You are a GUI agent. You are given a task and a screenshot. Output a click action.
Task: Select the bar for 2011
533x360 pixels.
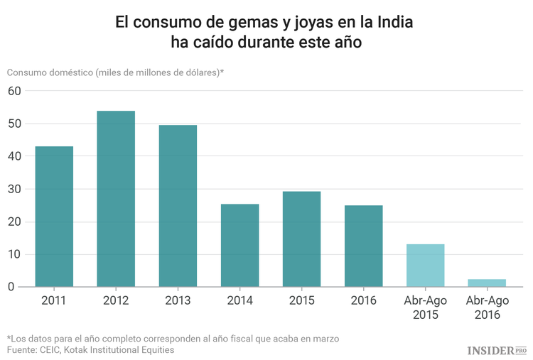54,217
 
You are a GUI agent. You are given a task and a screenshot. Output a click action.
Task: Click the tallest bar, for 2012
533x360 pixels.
116,199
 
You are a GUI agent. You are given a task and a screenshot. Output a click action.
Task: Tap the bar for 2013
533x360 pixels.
178,206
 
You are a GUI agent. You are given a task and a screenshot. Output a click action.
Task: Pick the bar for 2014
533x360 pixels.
239,246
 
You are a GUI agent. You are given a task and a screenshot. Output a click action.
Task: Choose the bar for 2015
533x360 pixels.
301,239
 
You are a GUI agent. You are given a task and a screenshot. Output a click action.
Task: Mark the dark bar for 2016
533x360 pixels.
363,246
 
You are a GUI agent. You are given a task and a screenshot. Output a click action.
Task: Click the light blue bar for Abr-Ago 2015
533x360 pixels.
425,266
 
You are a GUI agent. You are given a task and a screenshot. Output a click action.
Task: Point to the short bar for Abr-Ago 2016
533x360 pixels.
487,283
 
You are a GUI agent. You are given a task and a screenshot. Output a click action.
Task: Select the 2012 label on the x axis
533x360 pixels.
116,301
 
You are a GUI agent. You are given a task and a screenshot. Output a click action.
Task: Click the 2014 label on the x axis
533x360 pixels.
239,301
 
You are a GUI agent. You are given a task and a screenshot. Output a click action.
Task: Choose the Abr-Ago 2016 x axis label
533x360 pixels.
487,307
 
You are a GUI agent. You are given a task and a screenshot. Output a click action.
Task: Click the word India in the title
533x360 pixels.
394,23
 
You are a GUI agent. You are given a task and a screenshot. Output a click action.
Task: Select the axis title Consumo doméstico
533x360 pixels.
50,72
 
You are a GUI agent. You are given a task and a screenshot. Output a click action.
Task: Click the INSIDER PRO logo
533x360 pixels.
497,350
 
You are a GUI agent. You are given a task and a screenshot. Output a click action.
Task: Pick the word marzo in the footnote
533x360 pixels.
323,338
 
